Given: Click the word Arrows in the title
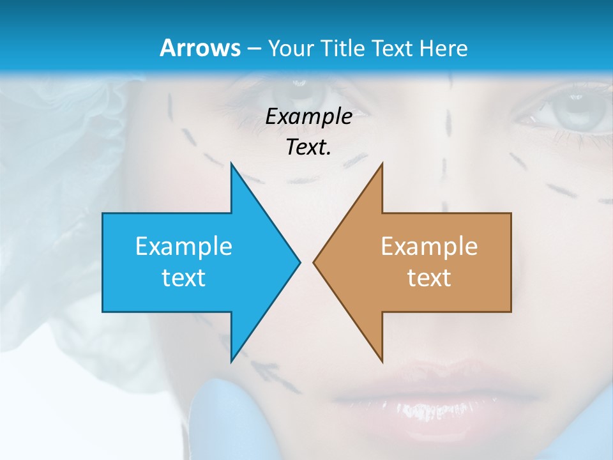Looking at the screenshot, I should point(200,48).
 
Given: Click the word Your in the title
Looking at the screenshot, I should point(291,48).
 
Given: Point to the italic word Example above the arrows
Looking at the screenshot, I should point(308,116).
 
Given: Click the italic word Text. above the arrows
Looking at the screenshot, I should point(308,147).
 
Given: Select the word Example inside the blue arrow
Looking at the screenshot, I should point(184,247).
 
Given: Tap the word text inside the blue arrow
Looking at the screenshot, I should point(184,277).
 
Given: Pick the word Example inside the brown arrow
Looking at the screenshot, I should point(429,247).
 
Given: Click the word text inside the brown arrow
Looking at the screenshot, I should point(429,277).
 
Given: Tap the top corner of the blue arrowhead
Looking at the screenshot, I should point(232,165).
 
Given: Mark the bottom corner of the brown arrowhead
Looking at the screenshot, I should point(382,361).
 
